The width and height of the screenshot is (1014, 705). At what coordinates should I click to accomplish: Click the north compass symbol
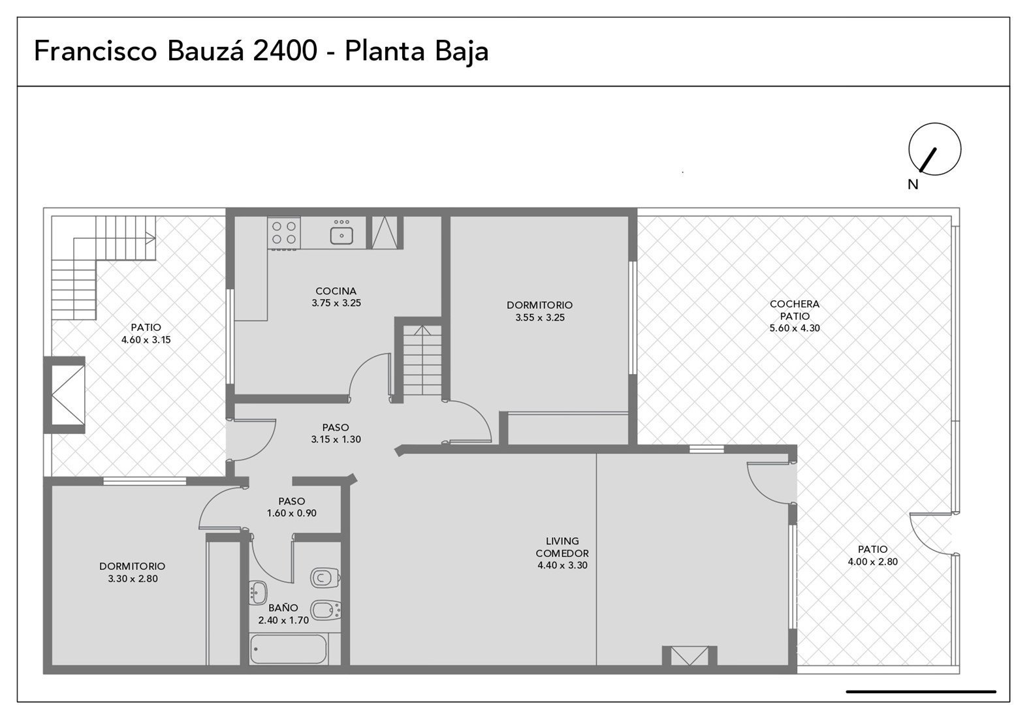point(934,149)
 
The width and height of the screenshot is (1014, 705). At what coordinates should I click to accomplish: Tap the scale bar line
point(921,691)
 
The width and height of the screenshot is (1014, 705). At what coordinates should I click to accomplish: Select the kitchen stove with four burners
point(284,232)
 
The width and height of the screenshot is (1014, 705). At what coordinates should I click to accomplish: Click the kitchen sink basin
point(341,236)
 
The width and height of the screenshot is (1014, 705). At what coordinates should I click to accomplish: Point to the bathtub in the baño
point(288,650)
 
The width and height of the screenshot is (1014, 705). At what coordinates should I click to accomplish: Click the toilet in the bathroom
point(325,578)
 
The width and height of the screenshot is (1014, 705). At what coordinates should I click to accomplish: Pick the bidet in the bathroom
point(326,610)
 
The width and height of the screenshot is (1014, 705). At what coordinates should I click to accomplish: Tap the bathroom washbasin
point(258,592)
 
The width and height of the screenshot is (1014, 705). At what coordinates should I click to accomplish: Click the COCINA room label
point(336,291)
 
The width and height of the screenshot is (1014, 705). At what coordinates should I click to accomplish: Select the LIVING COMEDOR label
point(562,546)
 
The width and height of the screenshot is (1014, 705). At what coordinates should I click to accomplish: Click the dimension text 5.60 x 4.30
point(795,328)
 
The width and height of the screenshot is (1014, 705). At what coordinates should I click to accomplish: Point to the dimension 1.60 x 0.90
point(291,513)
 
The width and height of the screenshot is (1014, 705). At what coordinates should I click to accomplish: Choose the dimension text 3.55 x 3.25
point(540,318)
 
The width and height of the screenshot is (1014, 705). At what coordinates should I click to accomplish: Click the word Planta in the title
point(385,51)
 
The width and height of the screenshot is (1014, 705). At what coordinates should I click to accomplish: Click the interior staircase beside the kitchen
point(422,360)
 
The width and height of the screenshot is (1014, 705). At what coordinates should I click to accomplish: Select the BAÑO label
point(283,608)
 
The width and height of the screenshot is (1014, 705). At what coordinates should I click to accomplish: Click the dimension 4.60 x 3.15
point(146,340)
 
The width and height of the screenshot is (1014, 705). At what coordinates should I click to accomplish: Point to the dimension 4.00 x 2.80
point(873,561)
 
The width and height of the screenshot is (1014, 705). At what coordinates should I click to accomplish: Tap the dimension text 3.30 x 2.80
point(133,579)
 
